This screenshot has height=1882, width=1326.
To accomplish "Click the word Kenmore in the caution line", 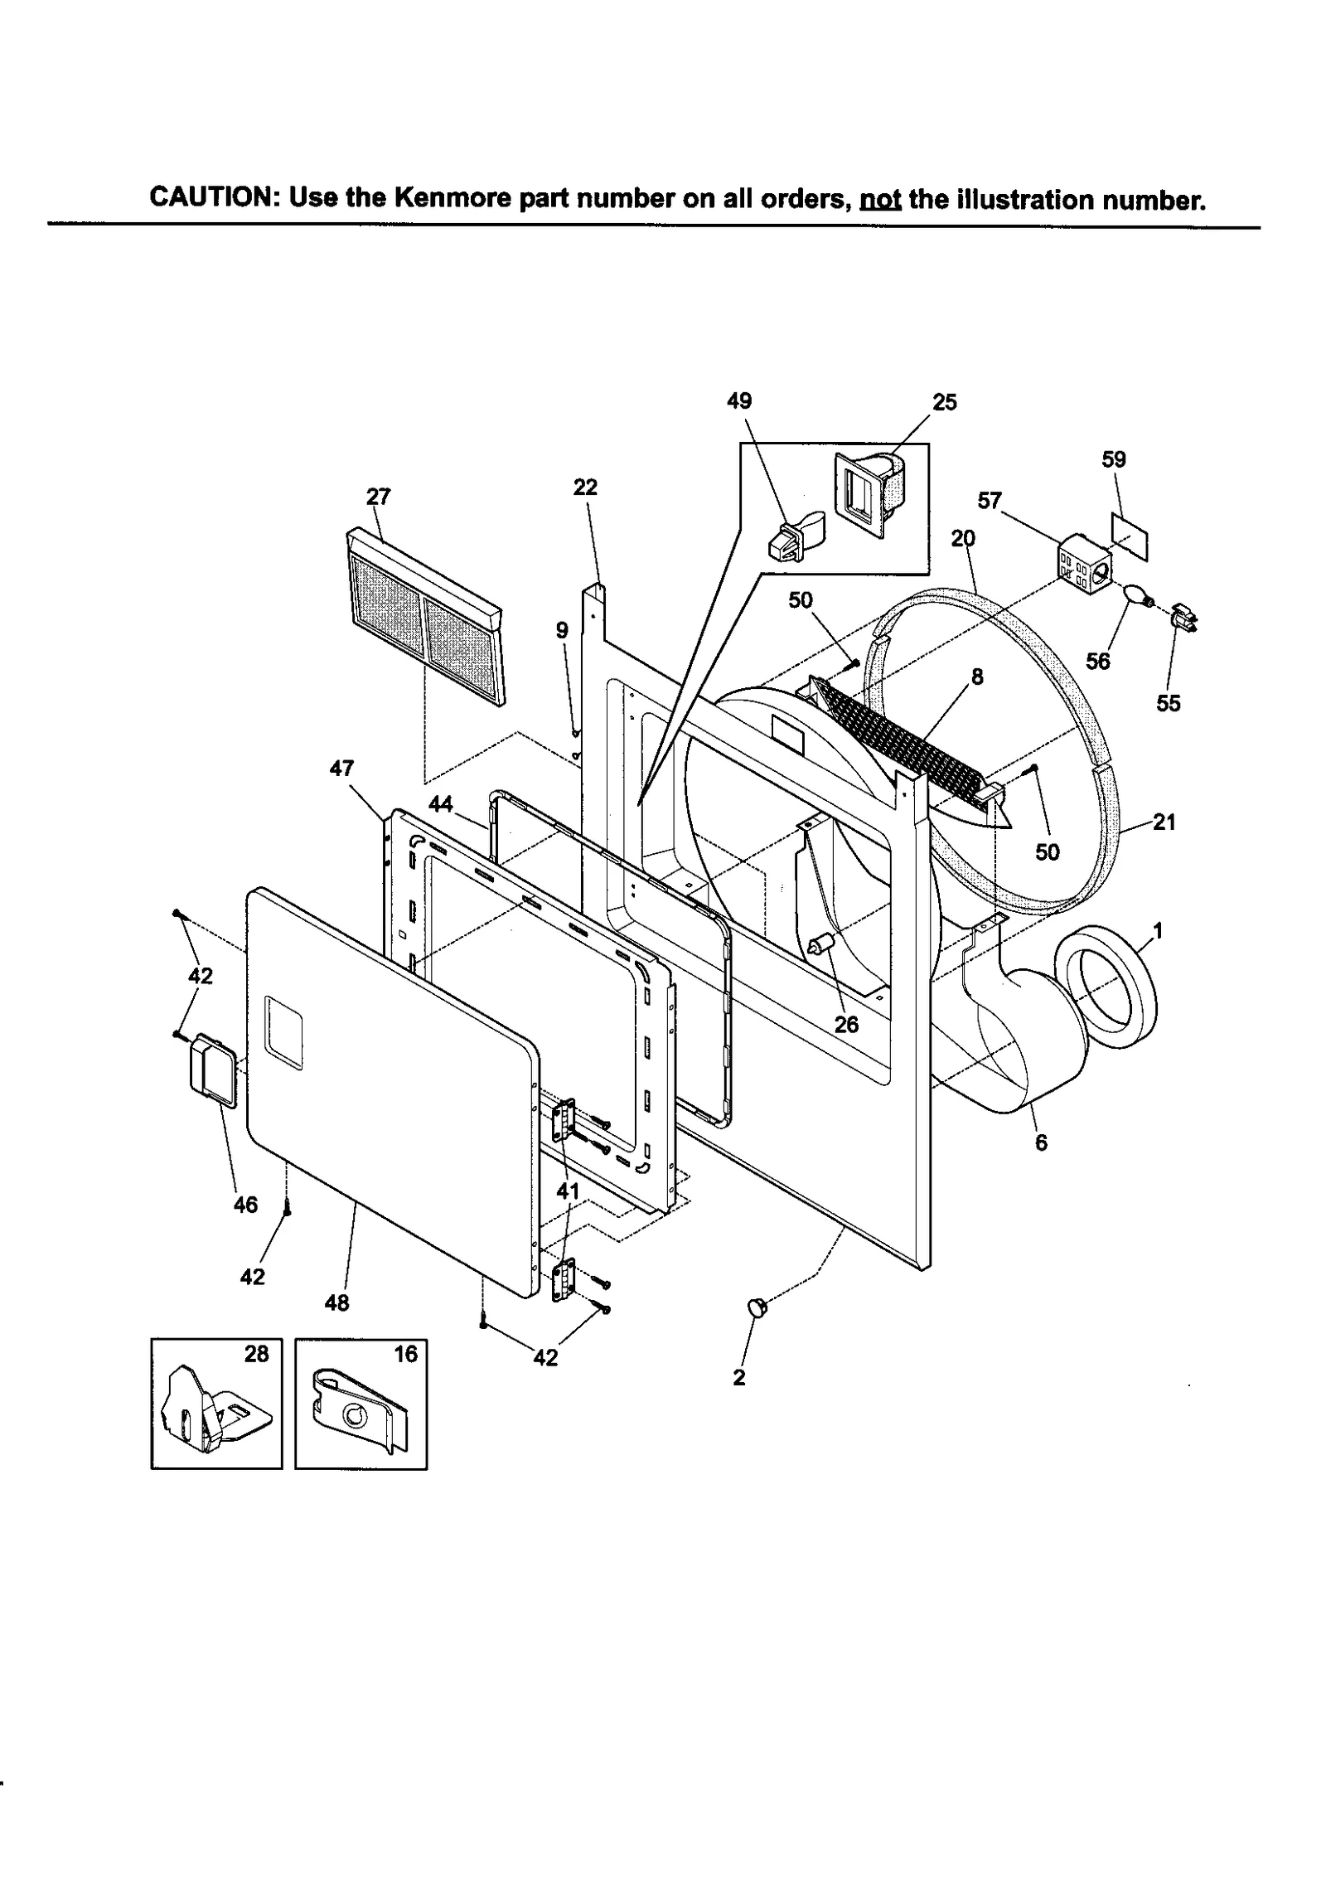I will pos(451,200).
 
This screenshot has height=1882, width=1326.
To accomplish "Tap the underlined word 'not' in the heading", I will pos(880,201).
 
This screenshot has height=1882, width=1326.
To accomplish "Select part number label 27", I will pos(378,497).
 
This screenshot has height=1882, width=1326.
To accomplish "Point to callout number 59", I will pos(1114,459).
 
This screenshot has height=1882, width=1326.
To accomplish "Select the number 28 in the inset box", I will pos(256,1354).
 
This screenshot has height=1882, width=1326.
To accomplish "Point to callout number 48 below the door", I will pos(336,1302).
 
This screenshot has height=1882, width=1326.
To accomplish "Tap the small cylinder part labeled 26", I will pos(821,943).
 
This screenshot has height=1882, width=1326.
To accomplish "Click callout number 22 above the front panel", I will pos(585,487).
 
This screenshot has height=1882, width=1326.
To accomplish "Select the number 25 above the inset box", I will pos(944,402).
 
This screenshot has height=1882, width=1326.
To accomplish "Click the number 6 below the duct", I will pos(1041,1142).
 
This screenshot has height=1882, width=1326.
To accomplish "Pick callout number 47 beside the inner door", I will pos(341,769).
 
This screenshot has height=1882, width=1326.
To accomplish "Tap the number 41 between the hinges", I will pos(568,1191).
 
